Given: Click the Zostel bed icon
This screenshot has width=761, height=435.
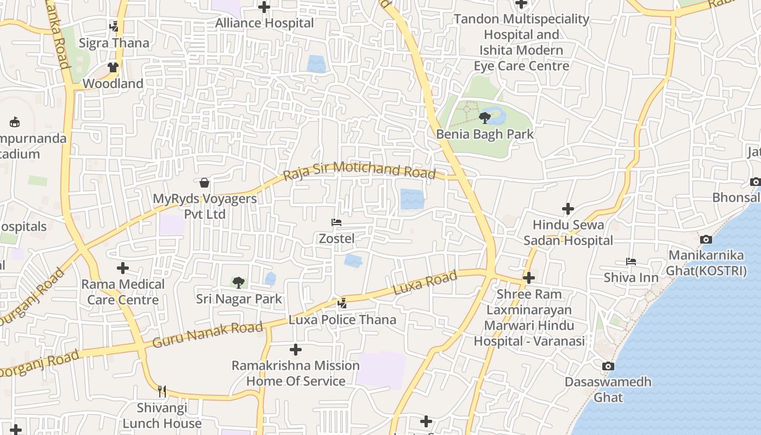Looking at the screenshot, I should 336,222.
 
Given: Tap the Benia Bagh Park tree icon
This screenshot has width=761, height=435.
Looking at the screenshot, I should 485,117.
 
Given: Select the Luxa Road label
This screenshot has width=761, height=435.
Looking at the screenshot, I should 425,284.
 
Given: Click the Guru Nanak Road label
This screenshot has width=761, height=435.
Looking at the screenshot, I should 208,334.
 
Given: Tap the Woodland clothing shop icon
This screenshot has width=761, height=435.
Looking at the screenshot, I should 113,68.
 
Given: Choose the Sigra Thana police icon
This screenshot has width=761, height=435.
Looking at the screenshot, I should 114,27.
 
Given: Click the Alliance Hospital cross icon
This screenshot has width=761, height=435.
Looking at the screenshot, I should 264,7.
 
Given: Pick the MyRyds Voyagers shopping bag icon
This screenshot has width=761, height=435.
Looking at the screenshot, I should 204,183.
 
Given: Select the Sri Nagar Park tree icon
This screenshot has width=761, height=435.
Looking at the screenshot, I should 238,282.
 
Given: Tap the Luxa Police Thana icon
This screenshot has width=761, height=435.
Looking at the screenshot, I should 342,303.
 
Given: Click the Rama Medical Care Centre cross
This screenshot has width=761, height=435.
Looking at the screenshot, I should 123,268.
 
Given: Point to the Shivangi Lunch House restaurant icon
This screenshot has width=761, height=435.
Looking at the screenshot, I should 161,391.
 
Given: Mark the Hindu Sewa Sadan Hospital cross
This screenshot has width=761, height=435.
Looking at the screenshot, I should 568,209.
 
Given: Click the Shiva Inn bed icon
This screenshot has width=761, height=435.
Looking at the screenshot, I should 631,262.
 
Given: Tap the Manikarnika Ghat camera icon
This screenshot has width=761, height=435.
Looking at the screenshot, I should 706,239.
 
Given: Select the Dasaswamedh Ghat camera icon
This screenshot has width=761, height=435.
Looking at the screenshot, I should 608,366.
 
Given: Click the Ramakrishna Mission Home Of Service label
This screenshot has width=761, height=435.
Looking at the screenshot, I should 296,373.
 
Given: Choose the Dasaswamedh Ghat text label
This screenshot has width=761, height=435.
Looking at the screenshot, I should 608,389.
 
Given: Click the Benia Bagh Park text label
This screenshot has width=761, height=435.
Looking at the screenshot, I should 485,134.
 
